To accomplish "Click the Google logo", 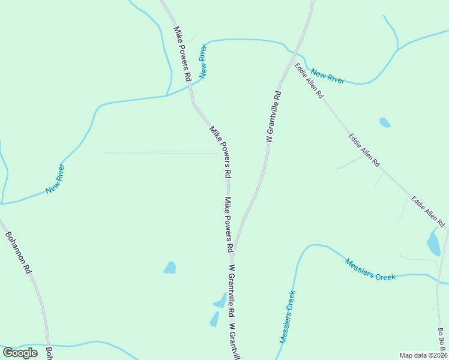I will click(x=20, y=353).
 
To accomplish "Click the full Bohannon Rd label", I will click(x=18, y=253).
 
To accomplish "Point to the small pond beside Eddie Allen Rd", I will click(x=385, y=123).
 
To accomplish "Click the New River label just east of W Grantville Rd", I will click(x=328, y=76).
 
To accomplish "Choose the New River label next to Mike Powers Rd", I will click(x=206, y=62).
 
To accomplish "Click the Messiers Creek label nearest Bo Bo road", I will click(x=370, y=269).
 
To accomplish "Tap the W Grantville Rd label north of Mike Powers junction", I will click(x=273, y=116).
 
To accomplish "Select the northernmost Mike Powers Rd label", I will click(x=182, y=53).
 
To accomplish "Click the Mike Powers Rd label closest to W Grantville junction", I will click(x=229, y=224).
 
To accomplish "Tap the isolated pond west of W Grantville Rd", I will click(x=170, y=267).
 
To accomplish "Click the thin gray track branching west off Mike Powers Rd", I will click(x=162, y=153).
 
